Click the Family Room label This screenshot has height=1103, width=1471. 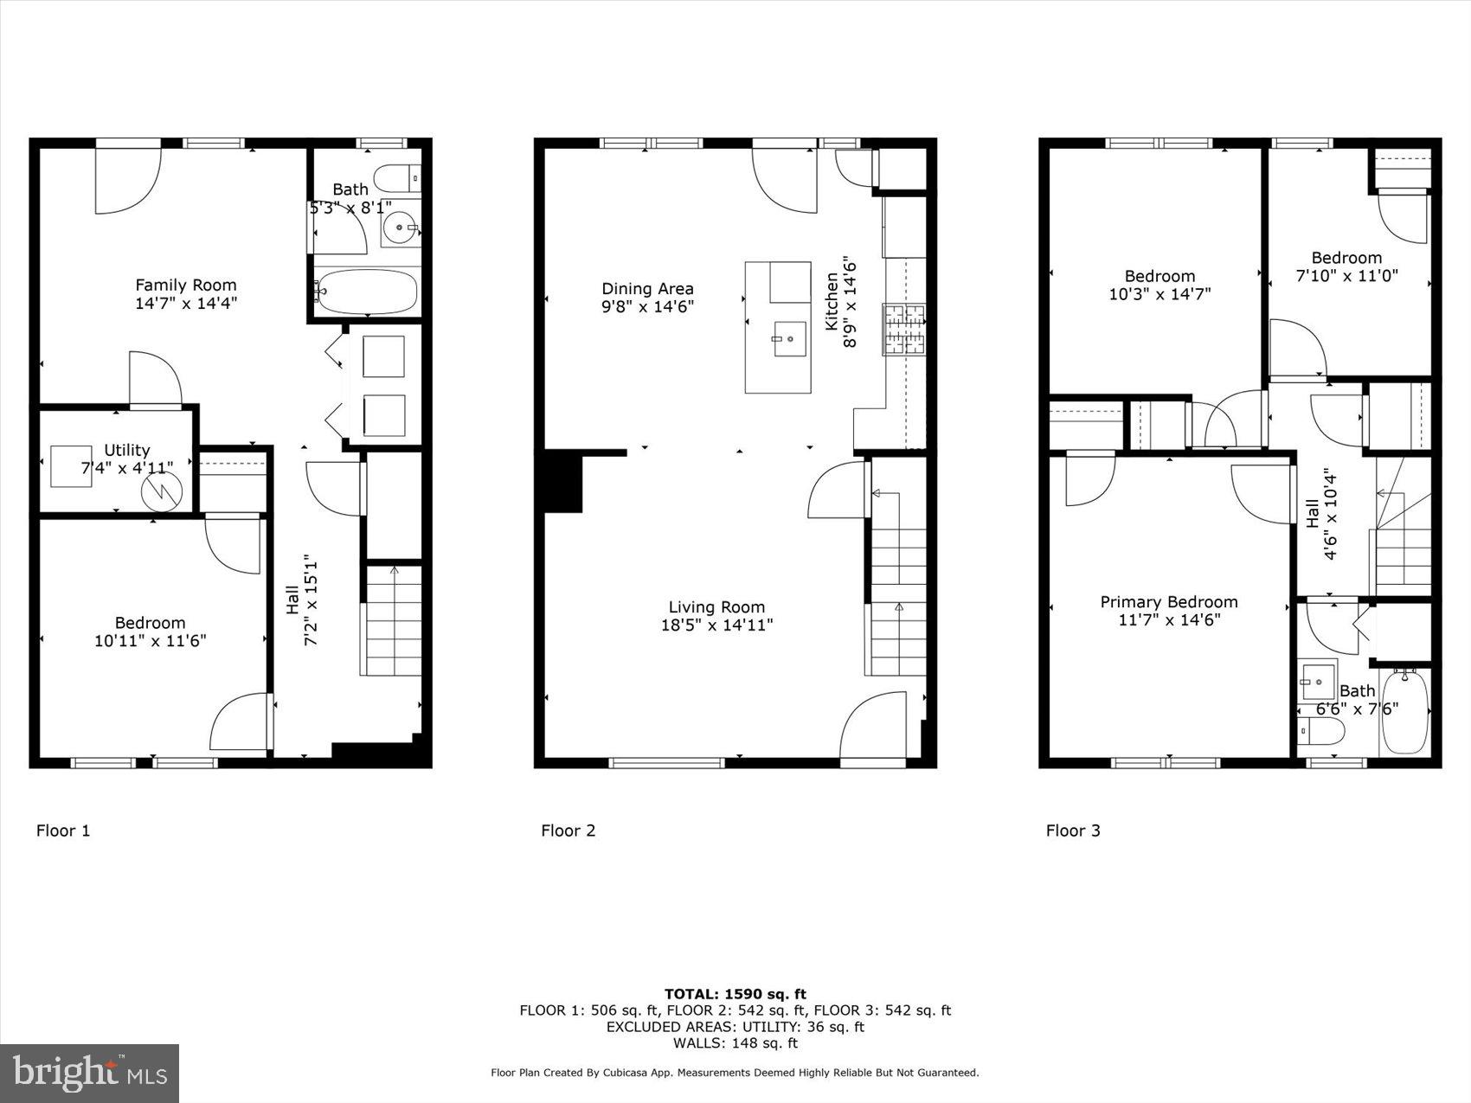coord(185,285)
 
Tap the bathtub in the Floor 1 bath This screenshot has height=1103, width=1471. coord(367,292)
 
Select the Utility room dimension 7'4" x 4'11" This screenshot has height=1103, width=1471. coord(127,468)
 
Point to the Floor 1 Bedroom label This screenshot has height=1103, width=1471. coord(150,623)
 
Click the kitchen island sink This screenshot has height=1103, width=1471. coord(788,338)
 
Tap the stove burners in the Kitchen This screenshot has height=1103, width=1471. coord(903,329)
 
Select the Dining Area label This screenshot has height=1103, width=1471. coord(647,289)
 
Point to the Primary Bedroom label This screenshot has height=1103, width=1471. coord(1168,602)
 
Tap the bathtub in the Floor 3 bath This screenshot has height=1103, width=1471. coord(1405,711)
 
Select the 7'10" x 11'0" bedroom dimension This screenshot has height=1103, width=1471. coord(1346,276)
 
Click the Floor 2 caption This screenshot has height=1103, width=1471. coord(568,830)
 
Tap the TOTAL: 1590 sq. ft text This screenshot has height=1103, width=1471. coord(735,994)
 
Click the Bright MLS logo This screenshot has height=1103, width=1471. coord(90,1074)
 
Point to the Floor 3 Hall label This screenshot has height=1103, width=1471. coord(1313,514)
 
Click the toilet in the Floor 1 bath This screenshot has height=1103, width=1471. coord(400,178)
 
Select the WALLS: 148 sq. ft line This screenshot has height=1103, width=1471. coord(735,1042)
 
